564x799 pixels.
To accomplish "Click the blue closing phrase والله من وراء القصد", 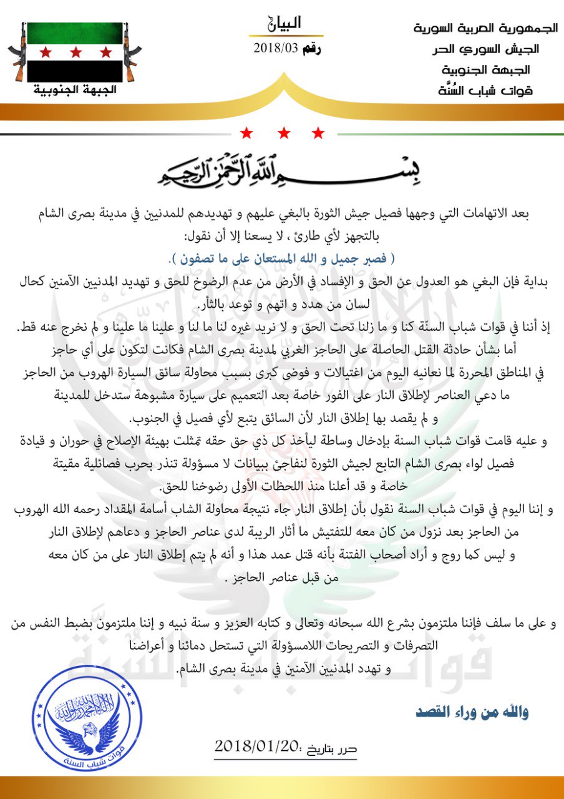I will click(x=472, y=712).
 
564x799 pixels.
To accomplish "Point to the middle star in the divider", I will click(x=284, y=133).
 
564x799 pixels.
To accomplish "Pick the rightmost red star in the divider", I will click(x=318, y=133).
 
